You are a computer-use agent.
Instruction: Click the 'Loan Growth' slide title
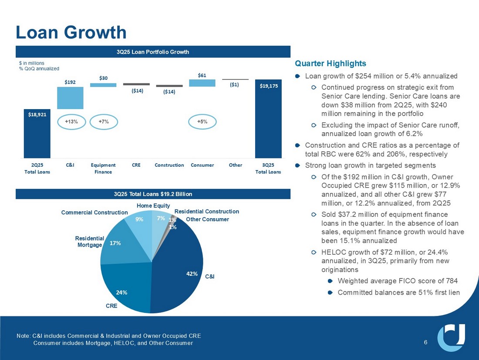click(x=71, y=32)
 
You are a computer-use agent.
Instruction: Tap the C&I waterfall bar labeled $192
click(x=70, y=98)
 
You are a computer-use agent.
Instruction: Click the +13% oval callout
click(x=71, y=122)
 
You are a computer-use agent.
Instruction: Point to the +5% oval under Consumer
click(x=202, y=122)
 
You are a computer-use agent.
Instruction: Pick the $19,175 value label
click(x=268, y=86)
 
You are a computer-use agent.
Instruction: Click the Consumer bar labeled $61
click(x=202, y=83)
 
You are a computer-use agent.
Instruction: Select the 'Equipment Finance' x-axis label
click(x=103, y=168)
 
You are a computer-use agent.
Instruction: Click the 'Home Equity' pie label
click(x=153, y=206)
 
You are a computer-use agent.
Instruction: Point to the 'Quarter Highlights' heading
click(x=331, y=64)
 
